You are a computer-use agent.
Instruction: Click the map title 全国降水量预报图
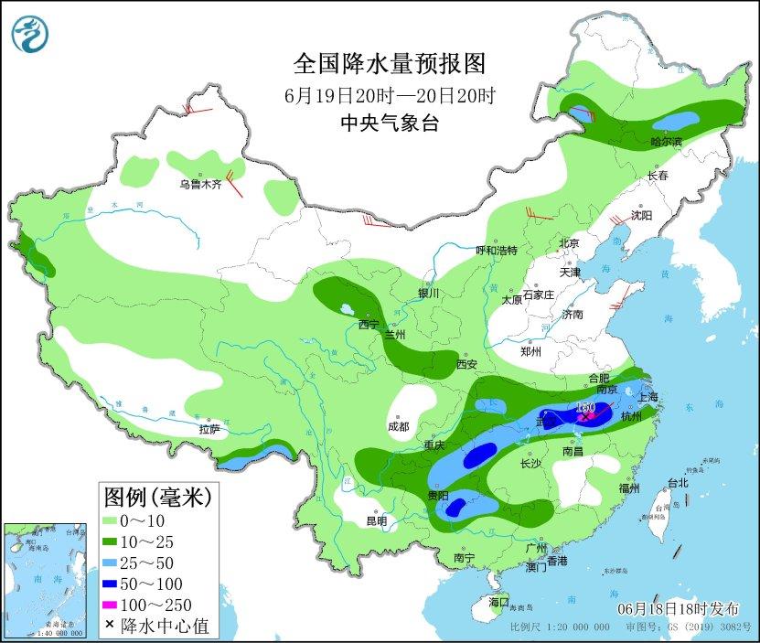(x=389, y=64)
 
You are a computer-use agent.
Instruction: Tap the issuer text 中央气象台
(x=389, y=123)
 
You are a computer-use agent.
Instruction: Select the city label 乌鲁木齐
(x=200, y=184)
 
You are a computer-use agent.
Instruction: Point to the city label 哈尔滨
(x=666, y=142)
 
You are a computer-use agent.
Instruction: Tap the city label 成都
(x=398, y=425)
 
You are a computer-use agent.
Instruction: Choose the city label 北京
(x=569, y=243)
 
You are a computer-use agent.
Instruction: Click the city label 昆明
(x=376, y=520)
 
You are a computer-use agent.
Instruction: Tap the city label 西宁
(x=369, y=324)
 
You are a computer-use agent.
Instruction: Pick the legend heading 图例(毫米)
(x=157, y=497)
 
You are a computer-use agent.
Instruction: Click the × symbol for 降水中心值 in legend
(x=110, y=626)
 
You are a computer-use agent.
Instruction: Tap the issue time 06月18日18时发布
(x=675, y=608)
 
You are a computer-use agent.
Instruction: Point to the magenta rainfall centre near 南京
(x=591, y=415)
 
